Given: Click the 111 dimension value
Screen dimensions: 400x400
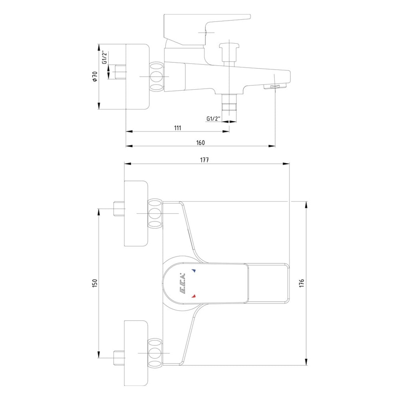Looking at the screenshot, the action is (178, 128).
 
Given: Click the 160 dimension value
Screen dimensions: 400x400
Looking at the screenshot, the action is (200, 143).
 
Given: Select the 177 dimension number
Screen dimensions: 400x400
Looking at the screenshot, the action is (204, 160).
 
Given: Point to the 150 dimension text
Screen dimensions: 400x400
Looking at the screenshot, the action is (95, 284).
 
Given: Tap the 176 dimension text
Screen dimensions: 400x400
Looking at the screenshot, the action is (302, 284).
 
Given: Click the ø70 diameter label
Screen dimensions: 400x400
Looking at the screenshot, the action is (95, 76).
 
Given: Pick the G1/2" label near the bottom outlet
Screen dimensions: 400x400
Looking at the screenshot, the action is (214, 119).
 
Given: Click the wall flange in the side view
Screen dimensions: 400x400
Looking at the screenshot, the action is (137, 77).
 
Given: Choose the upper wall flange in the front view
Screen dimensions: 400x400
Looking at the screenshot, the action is (136, 214).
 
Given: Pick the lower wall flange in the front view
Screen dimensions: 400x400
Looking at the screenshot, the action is (136, 353).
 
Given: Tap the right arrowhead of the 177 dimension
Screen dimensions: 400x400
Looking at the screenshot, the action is (286, 164).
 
